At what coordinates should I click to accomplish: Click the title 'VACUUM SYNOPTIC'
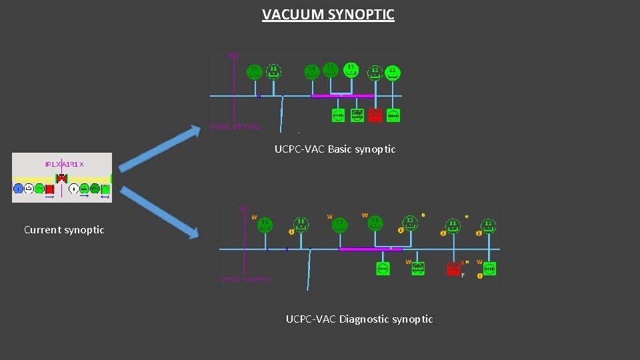tap(328, 14)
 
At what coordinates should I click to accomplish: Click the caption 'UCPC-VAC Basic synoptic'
tap(335, 149)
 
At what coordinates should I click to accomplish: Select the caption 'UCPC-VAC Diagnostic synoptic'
tap(359, 319)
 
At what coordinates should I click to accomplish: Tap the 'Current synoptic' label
tap(64, 230)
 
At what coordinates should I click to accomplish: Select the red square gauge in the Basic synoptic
tap(375, 115)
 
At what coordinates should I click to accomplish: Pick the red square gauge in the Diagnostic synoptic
tap(453, 269)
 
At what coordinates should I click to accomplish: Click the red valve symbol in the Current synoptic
tap(61, 178)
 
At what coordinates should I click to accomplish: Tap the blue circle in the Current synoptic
tap(18, 189)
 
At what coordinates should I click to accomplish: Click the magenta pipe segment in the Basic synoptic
tap(343, 96)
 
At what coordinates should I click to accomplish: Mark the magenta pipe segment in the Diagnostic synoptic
tap(370, 249)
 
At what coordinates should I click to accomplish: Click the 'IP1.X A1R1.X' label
tap(69, 163)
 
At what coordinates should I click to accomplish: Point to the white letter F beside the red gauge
tap(463, 275)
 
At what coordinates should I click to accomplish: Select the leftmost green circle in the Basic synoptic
tap(254, 71)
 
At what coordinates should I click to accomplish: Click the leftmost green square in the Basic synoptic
tap(339, 115)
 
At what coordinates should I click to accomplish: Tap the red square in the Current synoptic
tap(49, 189)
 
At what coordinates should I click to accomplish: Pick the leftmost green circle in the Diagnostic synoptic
tap(265, 225)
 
